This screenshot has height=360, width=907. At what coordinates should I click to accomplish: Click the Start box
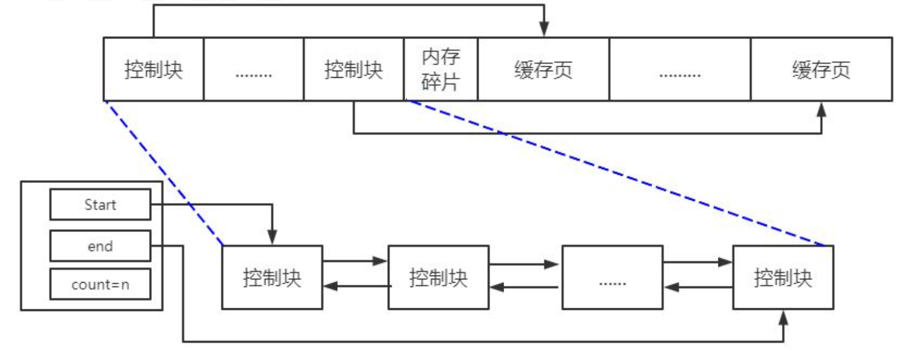click(x=100, y=205)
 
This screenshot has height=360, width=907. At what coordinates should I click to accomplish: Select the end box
click(x=100, y=246)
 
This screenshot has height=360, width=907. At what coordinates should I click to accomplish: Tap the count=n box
click(x=100, y=284)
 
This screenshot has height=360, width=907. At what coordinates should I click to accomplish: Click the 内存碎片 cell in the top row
click(x=441, y=69)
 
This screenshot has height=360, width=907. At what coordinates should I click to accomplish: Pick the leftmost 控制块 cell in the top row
click(x=154, y=69)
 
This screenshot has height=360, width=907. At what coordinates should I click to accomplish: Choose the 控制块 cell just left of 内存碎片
click(x=353, y=69)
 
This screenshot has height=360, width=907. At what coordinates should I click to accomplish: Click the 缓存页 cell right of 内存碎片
click(x=544, y=69)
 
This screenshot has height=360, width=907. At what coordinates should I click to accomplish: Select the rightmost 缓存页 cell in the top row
click(x=821, y=69)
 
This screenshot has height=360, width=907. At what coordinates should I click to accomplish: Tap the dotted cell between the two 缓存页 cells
click(x=680, y=69)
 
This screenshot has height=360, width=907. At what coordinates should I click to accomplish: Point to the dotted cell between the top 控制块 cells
click(x=254, y=69)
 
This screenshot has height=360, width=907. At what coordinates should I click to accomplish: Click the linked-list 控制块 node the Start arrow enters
click(x=272, y=278)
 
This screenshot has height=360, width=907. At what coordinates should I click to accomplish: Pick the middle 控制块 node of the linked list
click(x=438, y=278)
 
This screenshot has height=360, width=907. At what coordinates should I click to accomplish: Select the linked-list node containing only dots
click(x=612, y=278)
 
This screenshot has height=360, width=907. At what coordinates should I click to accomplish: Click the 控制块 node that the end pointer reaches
click(x=783, y=278)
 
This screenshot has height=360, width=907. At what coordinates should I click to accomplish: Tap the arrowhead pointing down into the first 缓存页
click(x=544, y=29)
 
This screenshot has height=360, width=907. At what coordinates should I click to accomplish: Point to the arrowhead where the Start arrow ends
click(x=272, y=237)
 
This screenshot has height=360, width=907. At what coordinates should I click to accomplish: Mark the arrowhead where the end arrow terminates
click(x=783, y=318)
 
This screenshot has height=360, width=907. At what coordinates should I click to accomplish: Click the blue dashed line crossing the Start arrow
click(x=164, y=173)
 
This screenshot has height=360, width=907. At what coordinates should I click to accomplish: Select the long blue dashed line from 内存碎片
click(x=617, y=173)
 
